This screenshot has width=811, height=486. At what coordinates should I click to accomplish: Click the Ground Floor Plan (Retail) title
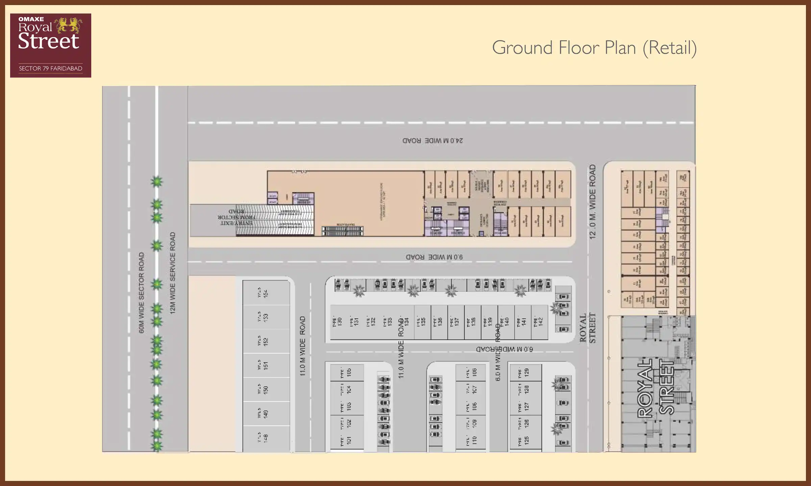click(594, 48)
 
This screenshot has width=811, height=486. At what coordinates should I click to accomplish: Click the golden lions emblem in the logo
click(69, 25)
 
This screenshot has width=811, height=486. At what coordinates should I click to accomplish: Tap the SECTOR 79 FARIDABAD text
click(51, 69)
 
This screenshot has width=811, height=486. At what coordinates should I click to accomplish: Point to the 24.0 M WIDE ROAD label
click(433, 140)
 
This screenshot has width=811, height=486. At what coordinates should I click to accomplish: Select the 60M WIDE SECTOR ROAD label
click(142, 293)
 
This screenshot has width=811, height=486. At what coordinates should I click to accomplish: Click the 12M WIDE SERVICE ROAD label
click(173, 273)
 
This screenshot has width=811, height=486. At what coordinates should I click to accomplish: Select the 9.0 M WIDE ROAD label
click(434, 257)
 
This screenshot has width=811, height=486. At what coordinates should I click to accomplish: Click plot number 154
click(266, 293)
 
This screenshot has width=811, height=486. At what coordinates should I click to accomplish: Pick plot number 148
click(266, 438)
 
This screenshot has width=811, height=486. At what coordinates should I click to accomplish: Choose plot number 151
click(266, 365)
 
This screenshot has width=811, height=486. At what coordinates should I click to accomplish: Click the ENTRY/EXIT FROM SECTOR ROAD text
click(236, 217)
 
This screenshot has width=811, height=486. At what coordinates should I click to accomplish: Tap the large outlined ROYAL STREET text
click(656, 388)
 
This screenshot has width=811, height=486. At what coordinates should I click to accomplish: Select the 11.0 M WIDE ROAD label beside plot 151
click(302, 346)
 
